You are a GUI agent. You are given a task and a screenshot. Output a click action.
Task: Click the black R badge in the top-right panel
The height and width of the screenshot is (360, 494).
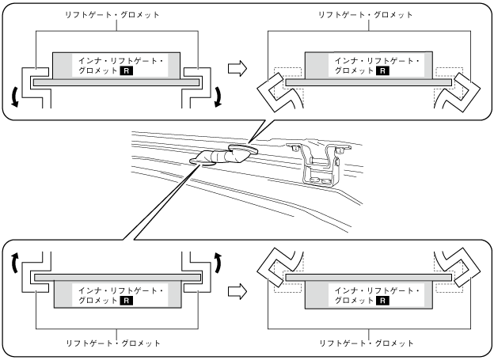382,70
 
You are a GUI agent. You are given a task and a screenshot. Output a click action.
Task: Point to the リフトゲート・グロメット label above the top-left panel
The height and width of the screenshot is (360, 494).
116,14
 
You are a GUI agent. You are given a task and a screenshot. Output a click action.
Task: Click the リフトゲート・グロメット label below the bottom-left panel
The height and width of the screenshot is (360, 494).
116,343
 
